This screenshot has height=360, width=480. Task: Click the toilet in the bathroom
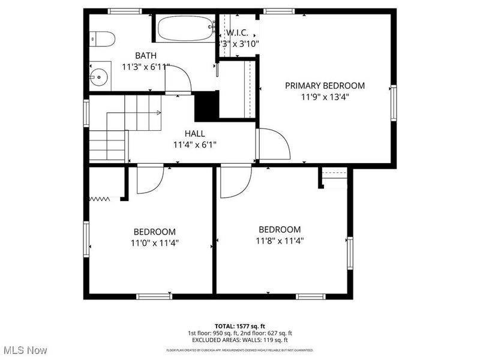(x=103, y=39)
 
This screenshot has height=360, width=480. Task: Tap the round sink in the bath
(x=99, y=76)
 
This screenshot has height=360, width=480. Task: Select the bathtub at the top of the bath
(x=185, y=28)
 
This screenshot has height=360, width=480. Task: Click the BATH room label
(x=145, y=56)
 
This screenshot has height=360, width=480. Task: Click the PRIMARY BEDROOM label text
(x=325, y=86)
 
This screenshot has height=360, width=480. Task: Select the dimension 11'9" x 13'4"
(x=325, y=97)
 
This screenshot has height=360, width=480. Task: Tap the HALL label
(x=194, y=134)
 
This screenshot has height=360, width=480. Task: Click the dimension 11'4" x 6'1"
(x=194, y=145)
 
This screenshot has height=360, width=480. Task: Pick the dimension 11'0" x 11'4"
(x=154, y=243)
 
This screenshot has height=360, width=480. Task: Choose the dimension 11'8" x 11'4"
(x=280, y=241)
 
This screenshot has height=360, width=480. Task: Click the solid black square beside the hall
(x=206, y=106)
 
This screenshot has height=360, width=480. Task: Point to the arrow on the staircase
(x=158, y=112)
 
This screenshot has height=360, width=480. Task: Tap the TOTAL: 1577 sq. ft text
(x=239, y=325)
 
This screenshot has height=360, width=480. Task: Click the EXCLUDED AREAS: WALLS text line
(x=239, y=340)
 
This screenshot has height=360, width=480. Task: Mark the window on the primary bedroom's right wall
(x=394, y=103)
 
